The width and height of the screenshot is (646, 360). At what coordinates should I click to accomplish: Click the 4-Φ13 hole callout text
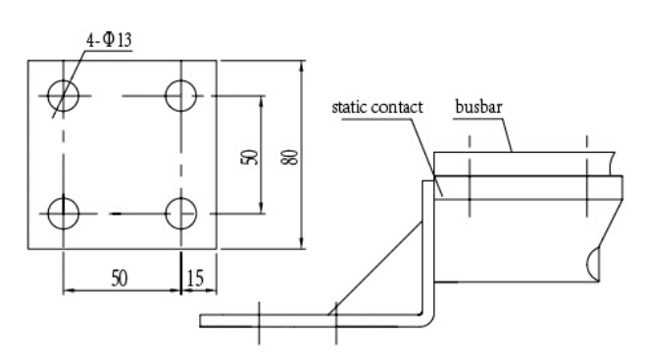click(x=109, y=40)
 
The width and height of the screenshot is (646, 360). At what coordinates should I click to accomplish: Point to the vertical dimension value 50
click(x=249, y=157)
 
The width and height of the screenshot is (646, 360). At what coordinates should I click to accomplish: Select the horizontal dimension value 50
click(x=120, y=279)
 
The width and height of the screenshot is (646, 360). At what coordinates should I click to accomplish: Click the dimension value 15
click(x=195, y=279)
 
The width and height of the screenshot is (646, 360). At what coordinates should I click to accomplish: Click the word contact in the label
click(x=397, y=107)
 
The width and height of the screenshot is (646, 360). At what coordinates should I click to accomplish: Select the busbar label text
click(x=478, y=106)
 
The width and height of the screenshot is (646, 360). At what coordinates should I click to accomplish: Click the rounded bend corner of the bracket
click(x=429, y=321)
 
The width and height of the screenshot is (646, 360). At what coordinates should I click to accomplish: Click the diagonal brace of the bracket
click(x=374, y=269)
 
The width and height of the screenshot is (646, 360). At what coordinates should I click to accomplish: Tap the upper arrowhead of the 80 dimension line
click(x=302, y=67)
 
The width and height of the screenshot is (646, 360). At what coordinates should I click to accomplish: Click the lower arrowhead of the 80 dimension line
click(x=302, y=243)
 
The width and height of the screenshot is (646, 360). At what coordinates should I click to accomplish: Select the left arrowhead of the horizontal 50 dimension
click(x=70, y=290)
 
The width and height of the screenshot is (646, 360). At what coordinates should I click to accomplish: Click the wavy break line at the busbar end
click(x=612, y=164)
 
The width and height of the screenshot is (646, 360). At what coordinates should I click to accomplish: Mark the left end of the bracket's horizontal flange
click(x=200, y=321)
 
